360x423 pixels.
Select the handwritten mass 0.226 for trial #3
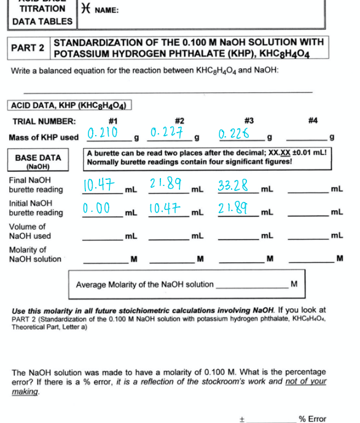pos(234,133)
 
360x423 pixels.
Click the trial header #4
pos(313,121)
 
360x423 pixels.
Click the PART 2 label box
pos(28,48)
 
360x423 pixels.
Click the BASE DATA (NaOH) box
pos(38,161)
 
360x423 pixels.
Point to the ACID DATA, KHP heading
pos(69,105)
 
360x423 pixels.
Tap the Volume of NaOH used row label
pos(31,231)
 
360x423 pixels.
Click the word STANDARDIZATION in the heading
pos(100,42)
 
